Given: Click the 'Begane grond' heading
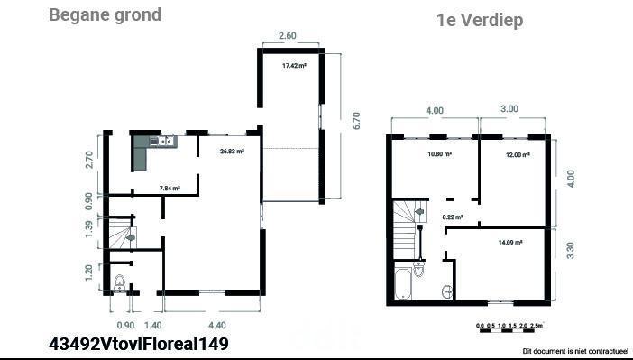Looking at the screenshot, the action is (x=105, y=15).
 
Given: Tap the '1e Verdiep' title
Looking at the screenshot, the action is (x=480, y=20).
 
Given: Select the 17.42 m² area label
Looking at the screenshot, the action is (x=294, y=66).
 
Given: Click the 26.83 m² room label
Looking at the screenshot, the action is (x=232, y=152).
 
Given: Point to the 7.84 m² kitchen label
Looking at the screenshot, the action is (x=170, y=188).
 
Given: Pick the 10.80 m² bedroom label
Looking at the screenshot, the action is (x=439, y=154).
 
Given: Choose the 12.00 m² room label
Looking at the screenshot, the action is (x=518, y=155).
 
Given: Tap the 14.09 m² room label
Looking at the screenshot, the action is (x=510, y=243).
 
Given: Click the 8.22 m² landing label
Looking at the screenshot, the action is (x=453, y=217).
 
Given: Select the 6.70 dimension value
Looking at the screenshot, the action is (x=356, y=120).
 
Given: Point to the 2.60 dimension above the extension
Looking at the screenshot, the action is (x=288, y=35).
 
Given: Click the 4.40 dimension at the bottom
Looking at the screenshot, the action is (x=216, y=325).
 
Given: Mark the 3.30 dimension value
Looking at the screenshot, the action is (x=570, y=251).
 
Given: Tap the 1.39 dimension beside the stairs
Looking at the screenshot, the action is (x=88, y=228).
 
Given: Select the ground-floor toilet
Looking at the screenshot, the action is (x=120, y=282).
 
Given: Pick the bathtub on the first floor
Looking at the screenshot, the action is (x=403, y=283).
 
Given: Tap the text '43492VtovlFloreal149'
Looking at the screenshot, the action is (x=139, y=344).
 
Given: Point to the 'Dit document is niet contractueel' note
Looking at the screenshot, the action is (x=575, y=351).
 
